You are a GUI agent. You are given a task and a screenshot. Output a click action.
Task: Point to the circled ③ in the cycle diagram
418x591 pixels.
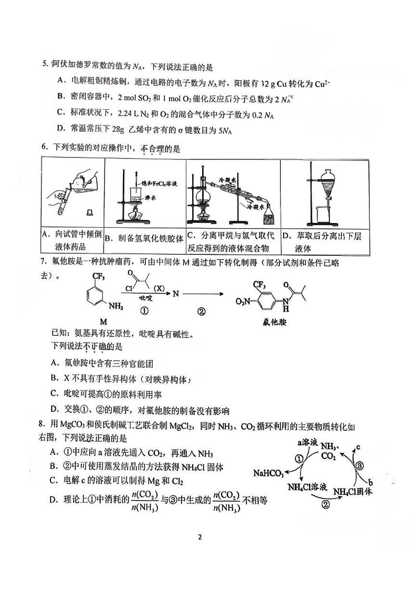359,464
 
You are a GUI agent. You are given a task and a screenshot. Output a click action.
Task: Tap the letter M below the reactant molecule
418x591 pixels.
103,320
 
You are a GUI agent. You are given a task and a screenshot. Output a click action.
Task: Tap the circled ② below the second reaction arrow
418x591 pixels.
202,312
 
